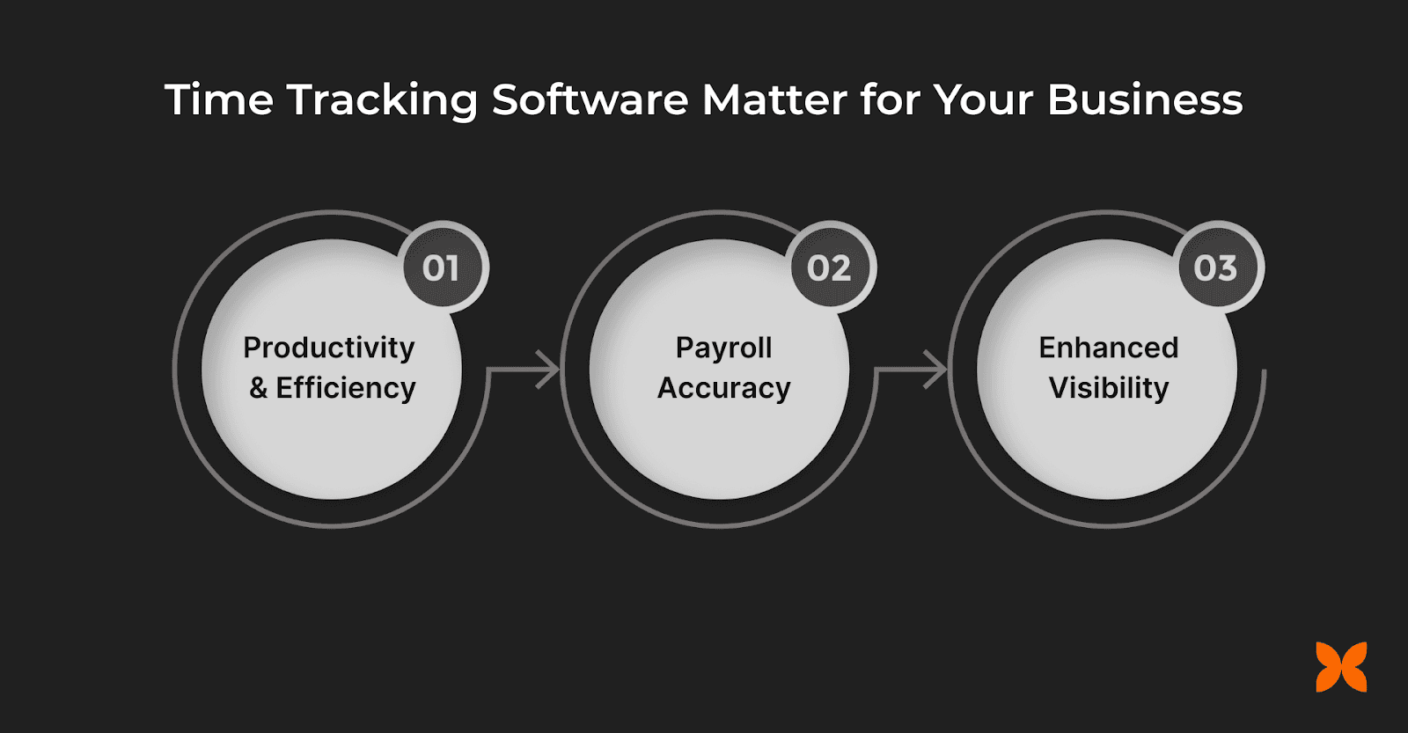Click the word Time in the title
[219, 99]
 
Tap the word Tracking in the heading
[383, 101]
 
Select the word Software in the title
[590, 99]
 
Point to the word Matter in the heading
[774, 99]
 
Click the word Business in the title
[1145, 99]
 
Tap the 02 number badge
[829, 268]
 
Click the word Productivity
[329, 348]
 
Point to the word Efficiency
[346, 388]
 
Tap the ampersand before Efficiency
[259, 388]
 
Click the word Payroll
[723, 348]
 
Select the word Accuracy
[723, 388]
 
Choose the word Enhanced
[1108, 348]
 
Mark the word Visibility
[1109, 388]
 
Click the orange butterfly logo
[1341, 667]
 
